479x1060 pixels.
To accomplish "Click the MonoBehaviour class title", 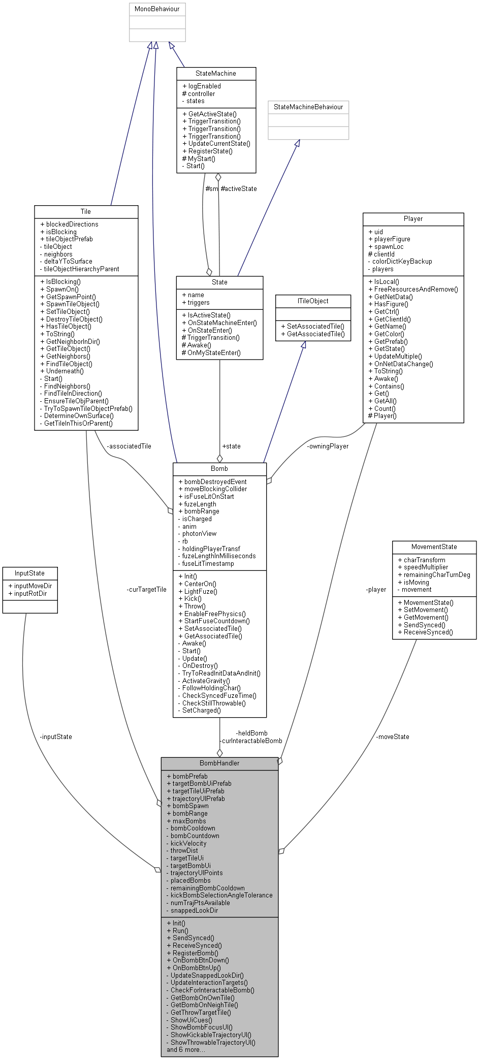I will (x=157, y=9).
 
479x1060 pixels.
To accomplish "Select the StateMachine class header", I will (x=216, y=74).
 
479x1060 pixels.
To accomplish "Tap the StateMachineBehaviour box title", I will (x=308, y=107).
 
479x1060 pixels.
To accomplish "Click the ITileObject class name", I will (x=313, y=301).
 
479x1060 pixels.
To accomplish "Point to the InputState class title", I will (x=29, y=573).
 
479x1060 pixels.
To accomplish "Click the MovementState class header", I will (x=434, y=547).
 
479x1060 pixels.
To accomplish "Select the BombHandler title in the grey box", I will (x=219, y=763).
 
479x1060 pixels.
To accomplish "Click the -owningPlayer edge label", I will (x=328, y=446).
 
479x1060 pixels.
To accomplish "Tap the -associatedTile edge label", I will (x=129, y=446).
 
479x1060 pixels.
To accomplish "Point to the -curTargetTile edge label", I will (x=147, y=590).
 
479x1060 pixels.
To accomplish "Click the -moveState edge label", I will (x=393, y=737).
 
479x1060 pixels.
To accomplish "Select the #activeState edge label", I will (x=239, y=189).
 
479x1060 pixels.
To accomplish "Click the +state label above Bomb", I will (x=231, y=446).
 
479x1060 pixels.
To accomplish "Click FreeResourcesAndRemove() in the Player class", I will (x=416, y=290).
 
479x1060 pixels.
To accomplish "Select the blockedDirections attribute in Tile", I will (x=72, y=224).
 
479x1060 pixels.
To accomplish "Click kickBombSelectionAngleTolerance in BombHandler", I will (x=221, y=895).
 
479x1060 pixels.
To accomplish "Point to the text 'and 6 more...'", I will (x=186, y=1050).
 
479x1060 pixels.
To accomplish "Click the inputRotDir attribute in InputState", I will (x=30, y=594).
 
